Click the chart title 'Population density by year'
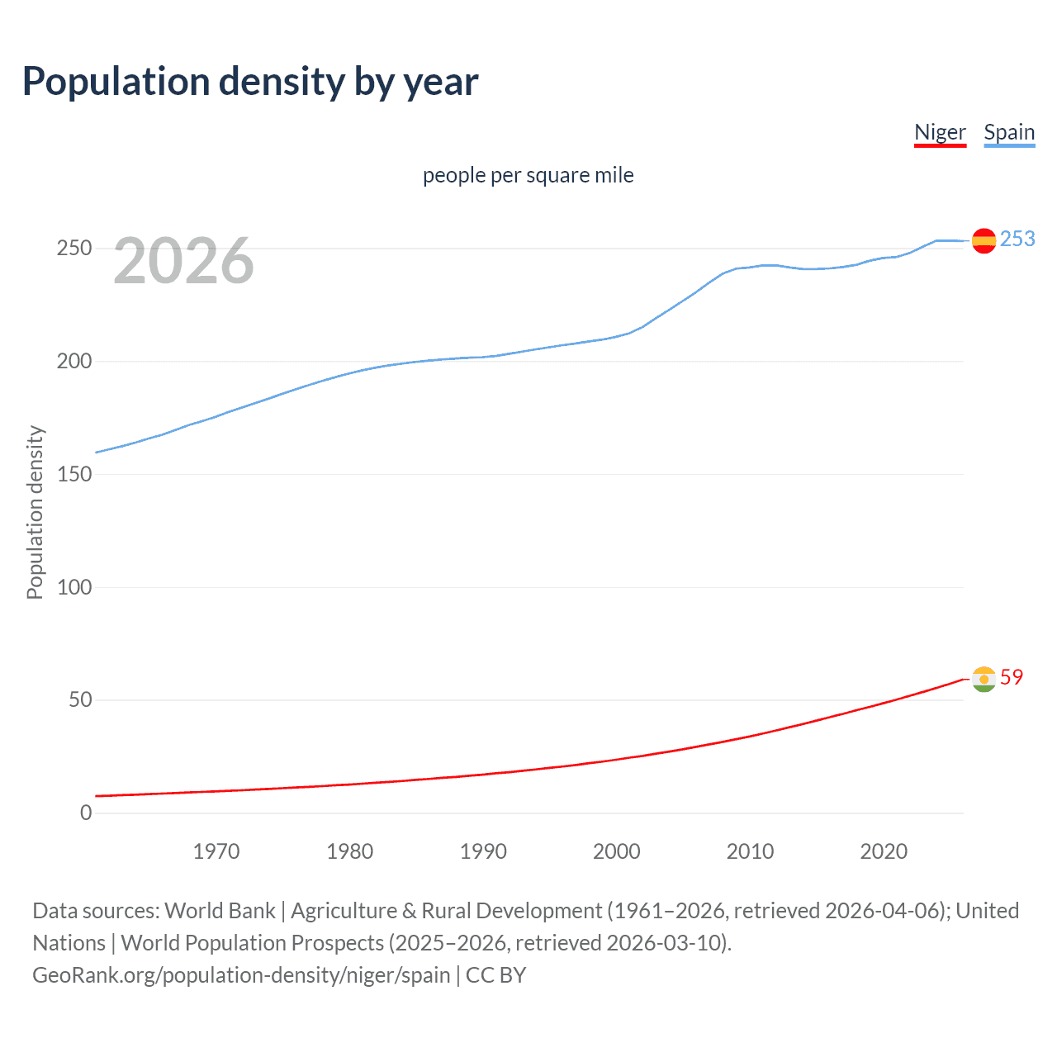[x=250, y=82]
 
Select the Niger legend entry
[x=940, y=132]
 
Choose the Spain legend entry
[x=1009, y=132]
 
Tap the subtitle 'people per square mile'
[x=528, y=175]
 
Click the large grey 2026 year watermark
[x=183, y=261]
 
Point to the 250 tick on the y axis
[x=73, y=248]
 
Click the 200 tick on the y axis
[x=73, y=361]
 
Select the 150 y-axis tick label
[x=73, y=474]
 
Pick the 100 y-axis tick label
[x=73, y=587]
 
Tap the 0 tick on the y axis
[x=86, y=813]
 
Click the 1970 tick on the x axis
[x=216, y=851]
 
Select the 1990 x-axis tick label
[x=483, y=851]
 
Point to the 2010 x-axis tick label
[x=750, y=851]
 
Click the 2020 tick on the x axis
[x=884, y=851]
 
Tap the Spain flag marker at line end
[x=984, y=240]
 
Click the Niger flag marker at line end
[x=984, y=679]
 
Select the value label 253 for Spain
[x=1017, y=239]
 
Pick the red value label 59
[x=1012, y=677]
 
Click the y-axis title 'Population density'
[x=35, y=512]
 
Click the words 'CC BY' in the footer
[x=495, y=975]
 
